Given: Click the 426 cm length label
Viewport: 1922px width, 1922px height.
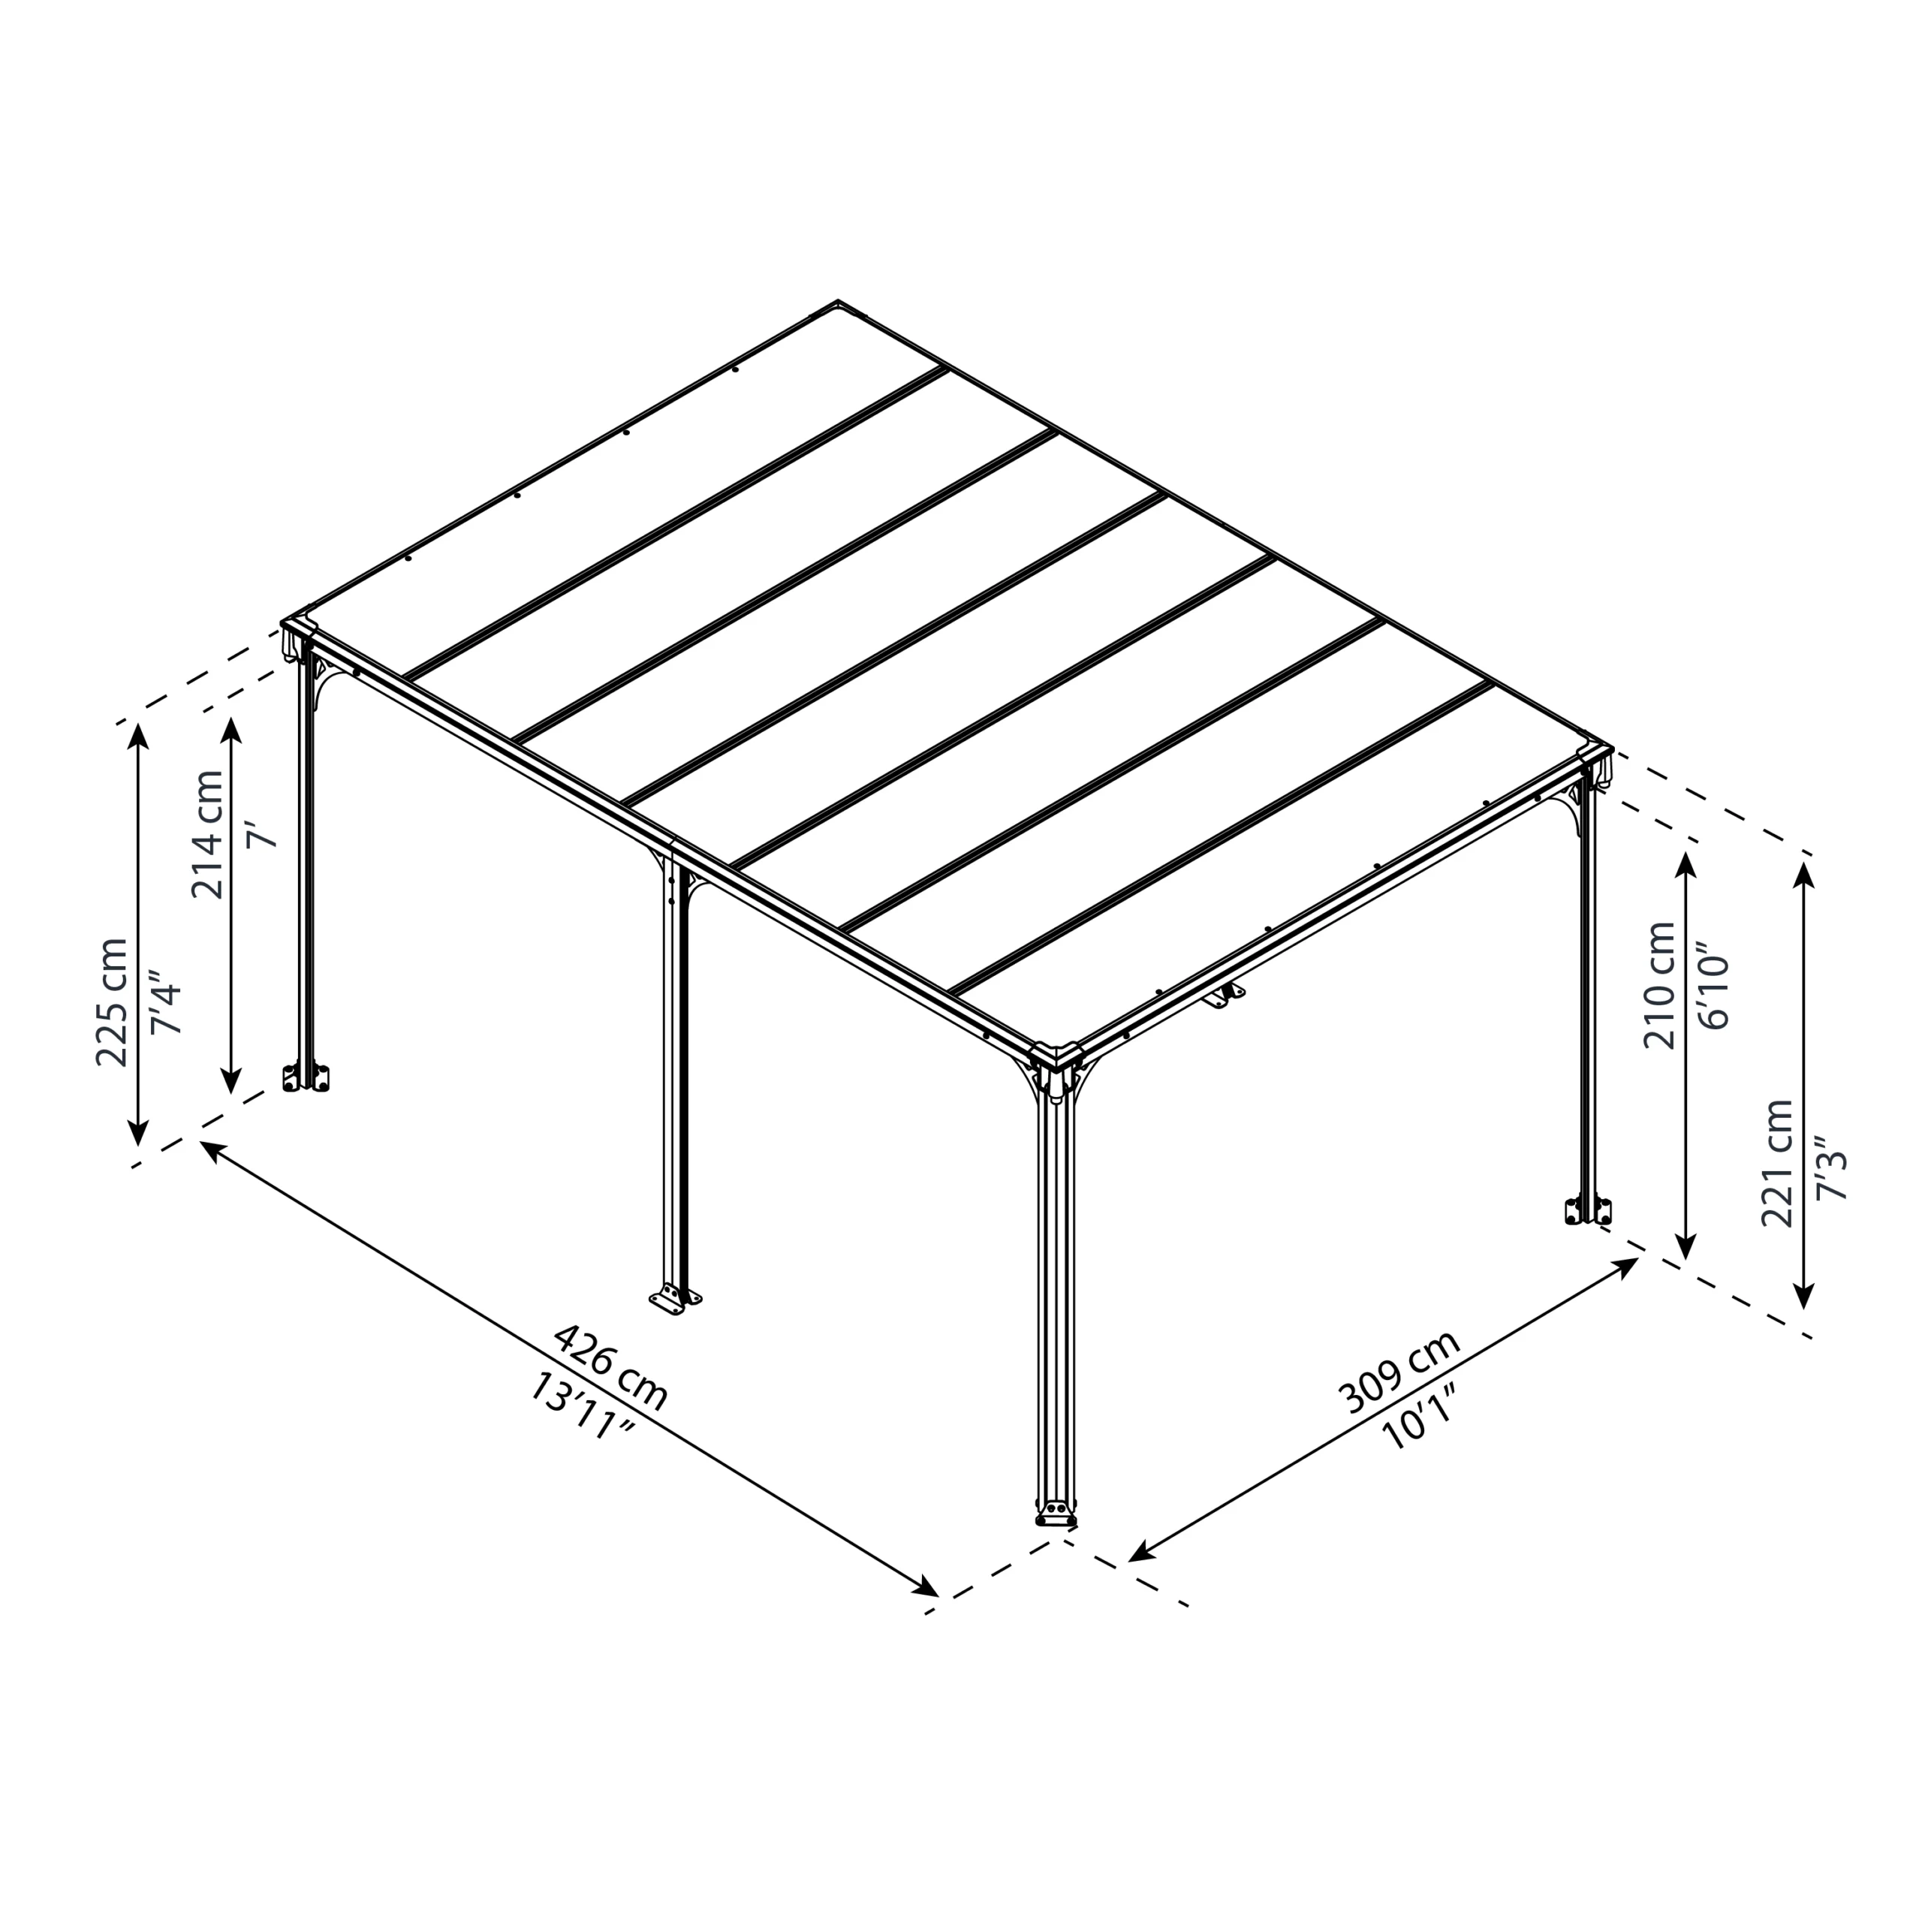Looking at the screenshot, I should tap(610, 1366).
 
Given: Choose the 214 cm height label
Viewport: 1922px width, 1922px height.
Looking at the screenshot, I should tap(208, 833).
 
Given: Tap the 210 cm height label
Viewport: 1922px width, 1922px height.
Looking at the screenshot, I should tap(1659, 985).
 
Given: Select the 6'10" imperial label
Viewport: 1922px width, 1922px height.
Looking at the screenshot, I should tap(1717, 985).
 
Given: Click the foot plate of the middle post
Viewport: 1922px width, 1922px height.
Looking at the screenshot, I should tap(674, 1300).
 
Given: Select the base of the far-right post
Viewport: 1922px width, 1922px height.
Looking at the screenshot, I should tap(1588, 1211).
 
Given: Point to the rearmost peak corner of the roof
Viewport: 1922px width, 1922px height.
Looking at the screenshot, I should tap(838, 303).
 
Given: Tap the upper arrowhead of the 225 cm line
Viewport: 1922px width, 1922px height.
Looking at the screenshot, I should tap(138, 734).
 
